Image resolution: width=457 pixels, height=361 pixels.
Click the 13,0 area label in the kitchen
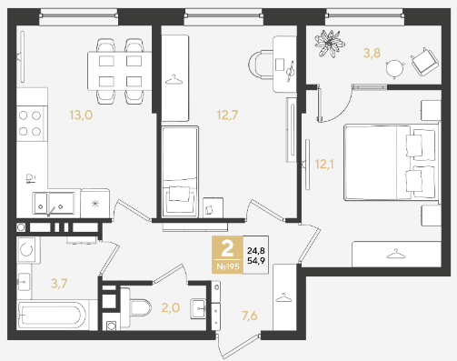(x=81, y=115)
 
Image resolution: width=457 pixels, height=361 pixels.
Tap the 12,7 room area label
(x=227, y=115)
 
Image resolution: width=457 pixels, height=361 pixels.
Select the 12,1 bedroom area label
(x=324, y=165)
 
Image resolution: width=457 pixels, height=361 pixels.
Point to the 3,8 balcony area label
(x=372, y=53)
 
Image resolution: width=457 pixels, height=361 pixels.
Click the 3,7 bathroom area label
(x=59, y=284)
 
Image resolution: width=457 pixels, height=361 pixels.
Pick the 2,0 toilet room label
(x=171, y=308)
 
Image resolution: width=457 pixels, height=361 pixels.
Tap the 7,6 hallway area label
(x=249, y=316)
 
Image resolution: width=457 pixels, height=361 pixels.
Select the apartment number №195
(x=228, y=266)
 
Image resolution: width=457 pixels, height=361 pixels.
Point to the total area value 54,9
(x=256, y=260)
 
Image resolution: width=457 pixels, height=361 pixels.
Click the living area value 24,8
(x=256, y=251)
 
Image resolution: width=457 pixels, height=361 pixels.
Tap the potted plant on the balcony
(x=330, y=44)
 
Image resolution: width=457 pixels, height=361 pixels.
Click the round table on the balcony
(x=395, y=68)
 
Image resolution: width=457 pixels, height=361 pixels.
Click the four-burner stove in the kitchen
(x=32, y=124)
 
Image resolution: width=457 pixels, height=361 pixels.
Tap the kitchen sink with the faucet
(x=54, y=204)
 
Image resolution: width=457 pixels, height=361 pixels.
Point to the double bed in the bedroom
(x=392, y=162)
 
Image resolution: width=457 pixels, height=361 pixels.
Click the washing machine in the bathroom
(x=27, y=250)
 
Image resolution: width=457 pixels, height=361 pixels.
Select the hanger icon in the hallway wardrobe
(x=283, y=297)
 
